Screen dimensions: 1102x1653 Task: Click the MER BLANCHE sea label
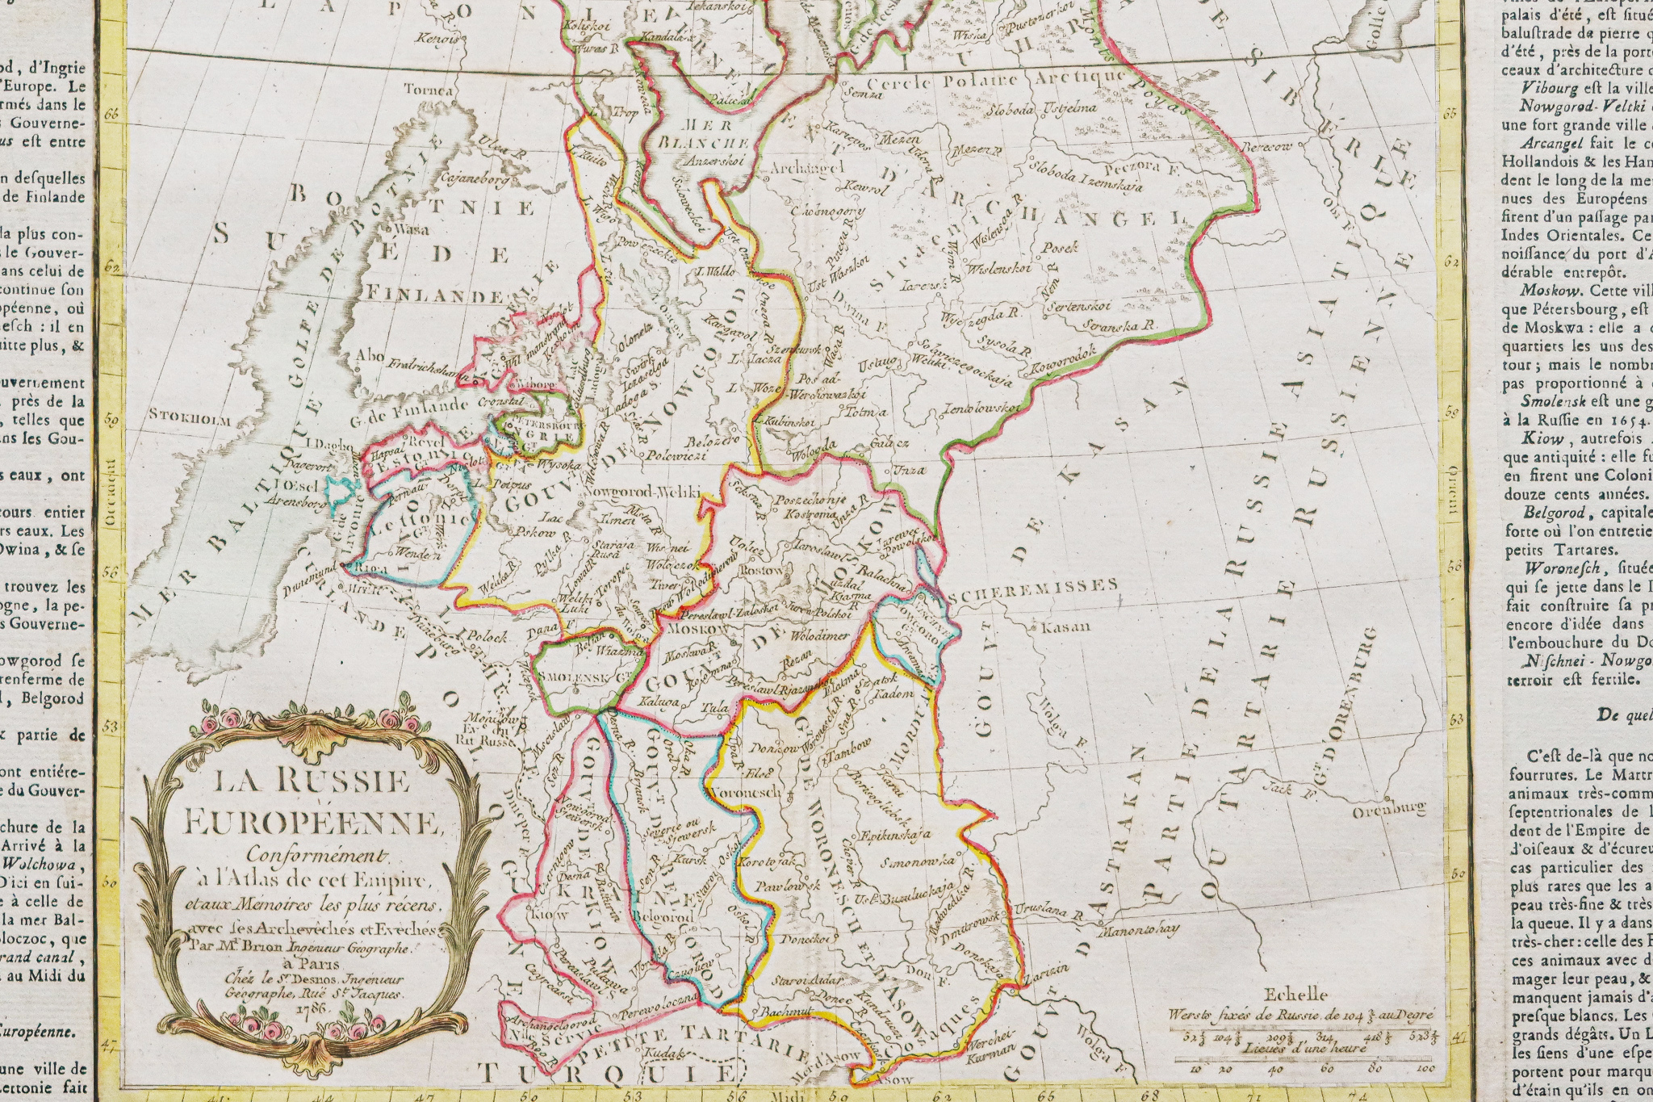click(x=705, y=134)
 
